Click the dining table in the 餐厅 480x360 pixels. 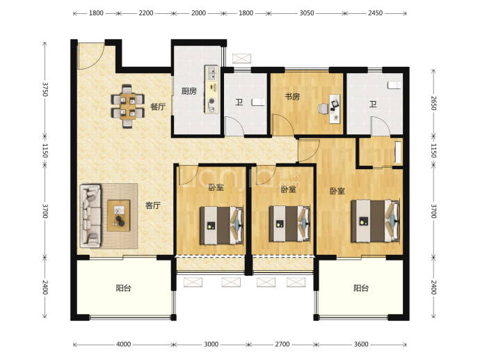(x=128, y=107)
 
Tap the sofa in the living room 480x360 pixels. (x=90, y=216)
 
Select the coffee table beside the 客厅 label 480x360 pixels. (x=119, y=215)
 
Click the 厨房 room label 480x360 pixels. (x=189, y=91)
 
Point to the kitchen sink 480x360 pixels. (x=211, y=74)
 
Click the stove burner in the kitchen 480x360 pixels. (x=211, y=101)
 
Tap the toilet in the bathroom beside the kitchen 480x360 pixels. (x=259, y=102)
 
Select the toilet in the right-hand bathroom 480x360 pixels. (x=394, y=85)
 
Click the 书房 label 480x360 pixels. (x=292, y=97)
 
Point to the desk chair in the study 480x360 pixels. (x=323, y=109)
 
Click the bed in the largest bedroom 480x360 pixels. (x=376, y=221)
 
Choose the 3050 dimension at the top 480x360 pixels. (x=307, y=13)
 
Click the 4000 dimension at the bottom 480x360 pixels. (x=123, y=344)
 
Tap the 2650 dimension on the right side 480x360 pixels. (x=433, y=103)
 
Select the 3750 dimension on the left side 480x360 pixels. (x=45, y=89)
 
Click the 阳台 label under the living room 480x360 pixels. (x=124, y=288)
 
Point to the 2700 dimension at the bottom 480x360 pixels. (x=282, y=344)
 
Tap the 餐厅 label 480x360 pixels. (x=158, y=107)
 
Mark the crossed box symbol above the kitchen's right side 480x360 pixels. (x=241, y=58)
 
